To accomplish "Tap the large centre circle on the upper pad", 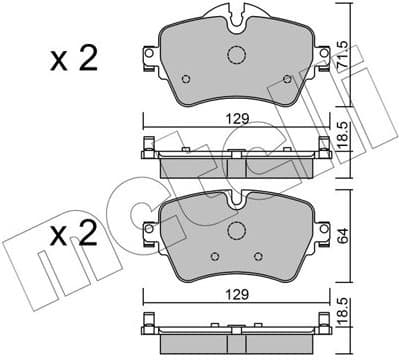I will pos(236,56).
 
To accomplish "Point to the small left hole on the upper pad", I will pos(185,78).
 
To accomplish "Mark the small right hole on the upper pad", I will pos(286,78).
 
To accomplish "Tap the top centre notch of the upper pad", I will pos(236,17).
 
